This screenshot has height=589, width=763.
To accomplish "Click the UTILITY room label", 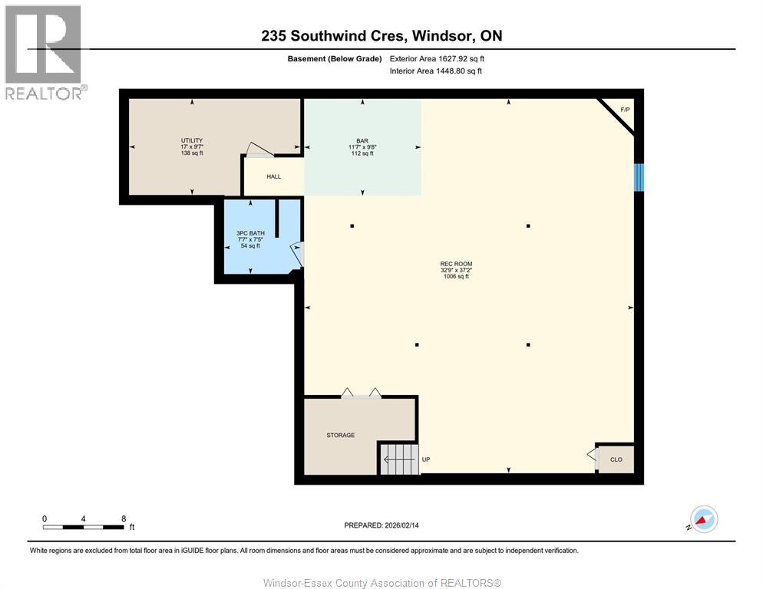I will click(x=192, y=140).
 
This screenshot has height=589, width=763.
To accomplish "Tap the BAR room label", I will click(x=361, y=140).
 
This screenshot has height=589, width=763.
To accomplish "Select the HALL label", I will click(x=273, y=177).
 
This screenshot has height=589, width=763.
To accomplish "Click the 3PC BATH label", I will click(x=249, y=232).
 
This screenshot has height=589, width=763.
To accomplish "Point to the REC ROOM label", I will click(x=456, y=264).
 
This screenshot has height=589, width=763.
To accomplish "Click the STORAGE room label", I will click(x=340, y=436).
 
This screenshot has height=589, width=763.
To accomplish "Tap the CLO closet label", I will click(x=616, y=460).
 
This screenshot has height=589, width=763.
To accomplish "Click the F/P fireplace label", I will click(x=625, y=110).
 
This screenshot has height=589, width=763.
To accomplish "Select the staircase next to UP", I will click(x=398, y=459).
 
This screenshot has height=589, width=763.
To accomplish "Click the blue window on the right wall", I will click(x=639, y=177).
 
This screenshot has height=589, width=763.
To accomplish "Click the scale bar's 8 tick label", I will click(x=124, y=518).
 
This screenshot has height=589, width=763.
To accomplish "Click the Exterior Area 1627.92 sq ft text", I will click(x=437, y=58).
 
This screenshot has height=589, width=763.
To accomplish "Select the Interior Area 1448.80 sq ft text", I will click(x=436, y=71).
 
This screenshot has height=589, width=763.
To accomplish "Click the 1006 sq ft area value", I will click(x=456, y=277).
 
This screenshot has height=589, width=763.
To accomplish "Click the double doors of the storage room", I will click(x=361, y=393).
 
